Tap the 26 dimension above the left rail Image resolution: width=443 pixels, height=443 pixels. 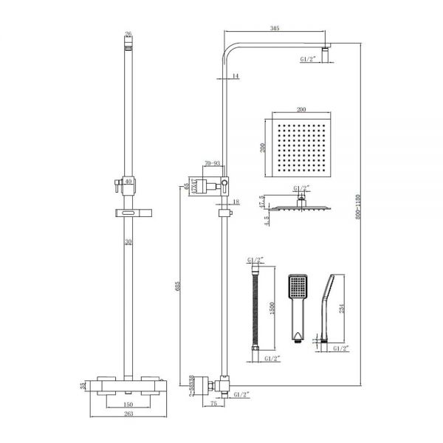click(128, 35)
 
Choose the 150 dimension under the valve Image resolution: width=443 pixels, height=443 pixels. click(128, 405)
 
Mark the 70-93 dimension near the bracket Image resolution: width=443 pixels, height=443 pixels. click(213, 163)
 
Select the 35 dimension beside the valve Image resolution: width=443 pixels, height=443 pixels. click(83, 384)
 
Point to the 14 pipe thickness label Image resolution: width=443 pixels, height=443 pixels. click(235, 76)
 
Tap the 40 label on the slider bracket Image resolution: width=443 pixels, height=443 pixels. click(128, 181)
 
